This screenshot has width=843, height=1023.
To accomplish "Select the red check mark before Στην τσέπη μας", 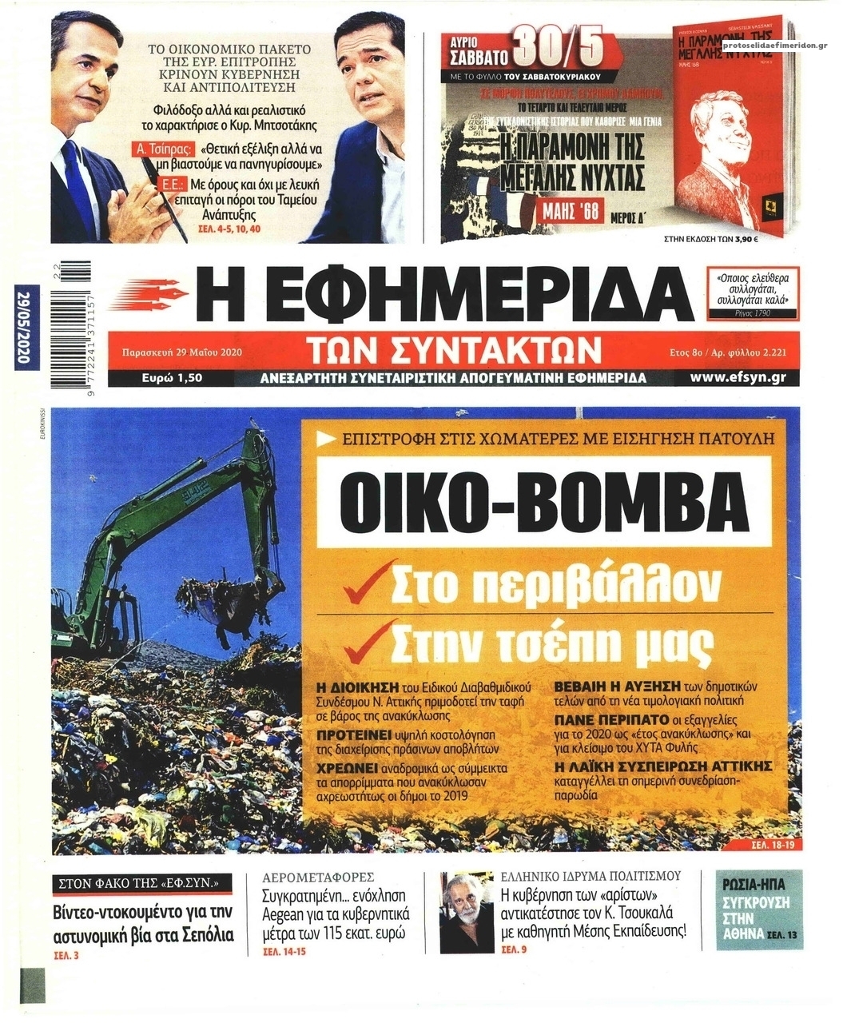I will coord(367,639).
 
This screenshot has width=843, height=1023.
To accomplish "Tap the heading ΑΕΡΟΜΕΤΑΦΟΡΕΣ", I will coord(319,876).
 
